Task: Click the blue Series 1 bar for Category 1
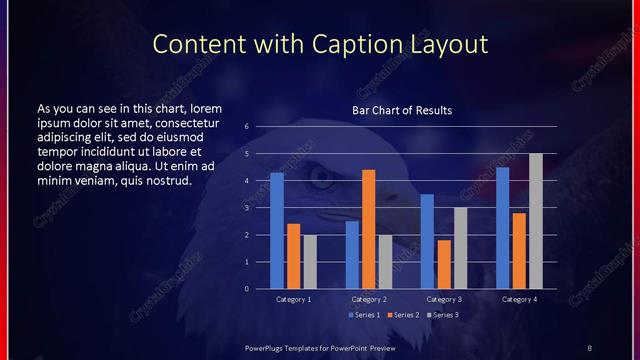[x=277, y=231]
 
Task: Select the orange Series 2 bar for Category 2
[x=369, y=229]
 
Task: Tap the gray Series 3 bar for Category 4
[x=536, y=221]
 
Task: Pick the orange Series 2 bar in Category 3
[x=444, y=264]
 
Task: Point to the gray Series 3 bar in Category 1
[x=310, y=262]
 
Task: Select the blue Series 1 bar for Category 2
[x=352, y=255]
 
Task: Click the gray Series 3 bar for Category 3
[x=461, y=248]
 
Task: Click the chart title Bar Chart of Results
[x=401, y=110]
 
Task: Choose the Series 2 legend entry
[x=403, y=316]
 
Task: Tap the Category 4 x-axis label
[x=518, y=299]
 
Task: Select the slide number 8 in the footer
[x=589, y=347]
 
